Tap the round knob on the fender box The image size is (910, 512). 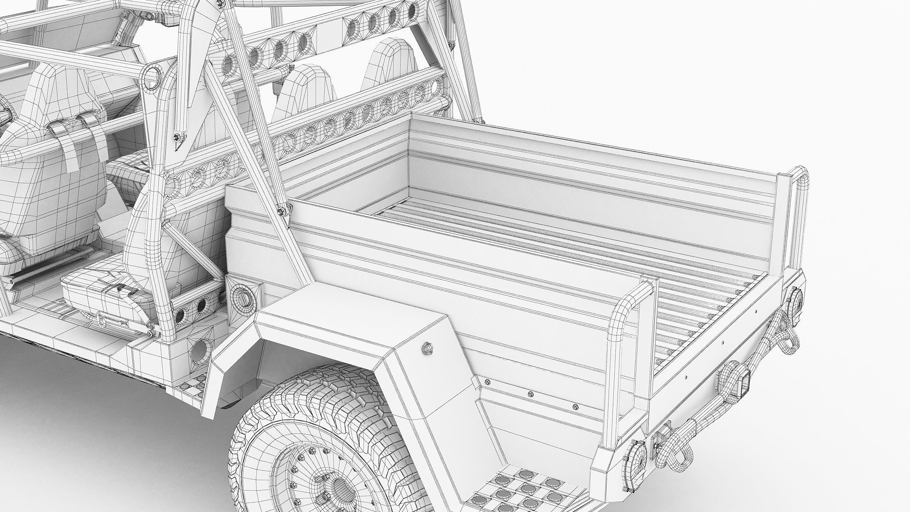(x=427, y=348)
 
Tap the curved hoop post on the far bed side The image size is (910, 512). (x=801, y=190)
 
